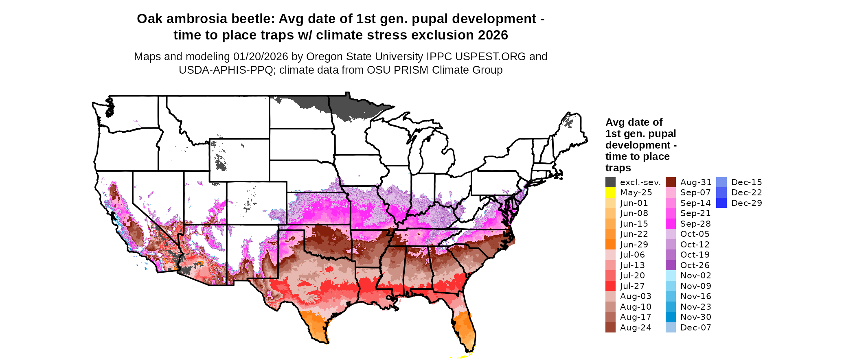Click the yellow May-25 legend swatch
[x=610, y=192]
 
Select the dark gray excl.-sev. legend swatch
[x=610, y=182]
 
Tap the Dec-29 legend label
[x=746, y=203]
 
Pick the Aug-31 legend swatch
[x=671, y=182]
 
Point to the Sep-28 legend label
[x=695, y=224]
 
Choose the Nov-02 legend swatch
[x=671, y=276]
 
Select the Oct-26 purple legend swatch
[x=671, y=265]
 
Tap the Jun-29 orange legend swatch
[x=610, y=245]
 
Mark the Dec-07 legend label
[x=695, y=328]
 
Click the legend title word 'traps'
[x=618, y=168]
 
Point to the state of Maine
[x=570, y=130]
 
